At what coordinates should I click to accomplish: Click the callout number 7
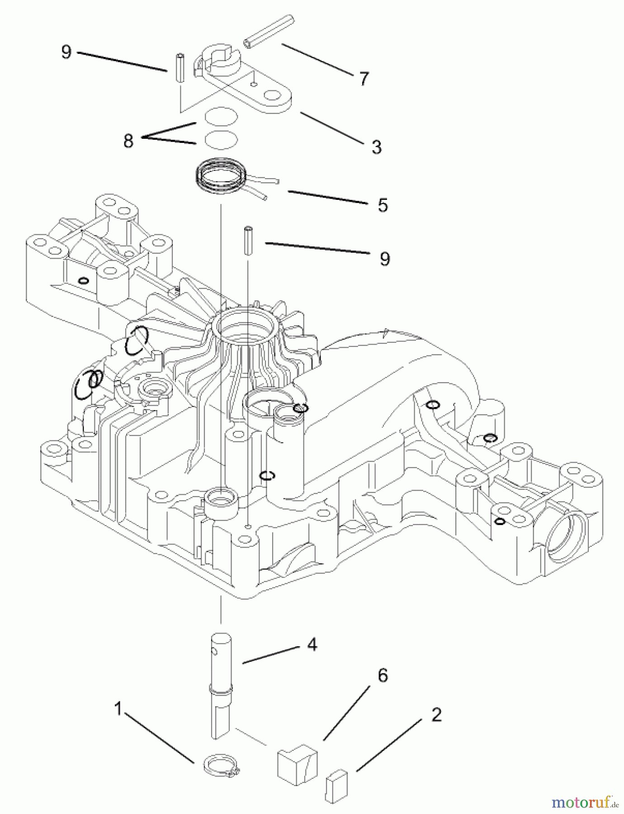click(x=364, y=79)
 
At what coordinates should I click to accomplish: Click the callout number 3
click(x=376, y=147)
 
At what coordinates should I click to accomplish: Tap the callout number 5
click(x=383, y=205)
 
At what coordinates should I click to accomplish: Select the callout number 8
click(x=128, y=141)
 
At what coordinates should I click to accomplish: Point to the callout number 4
click(x=312, y=644)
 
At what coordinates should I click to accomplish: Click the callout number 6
click(x=383, y=676)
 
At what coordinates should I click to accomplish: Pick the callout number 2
click(x=436, y=715)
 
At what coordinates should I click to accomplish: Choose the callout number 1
click(x=118, y=709)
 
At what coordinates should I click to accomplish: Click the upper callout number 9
click(x=66, y=52)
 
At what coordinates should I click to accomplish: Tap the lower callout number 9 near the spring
click(x=384, y=259)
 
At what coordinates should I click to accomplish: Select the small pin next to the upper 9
click(x=180, y=68)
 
